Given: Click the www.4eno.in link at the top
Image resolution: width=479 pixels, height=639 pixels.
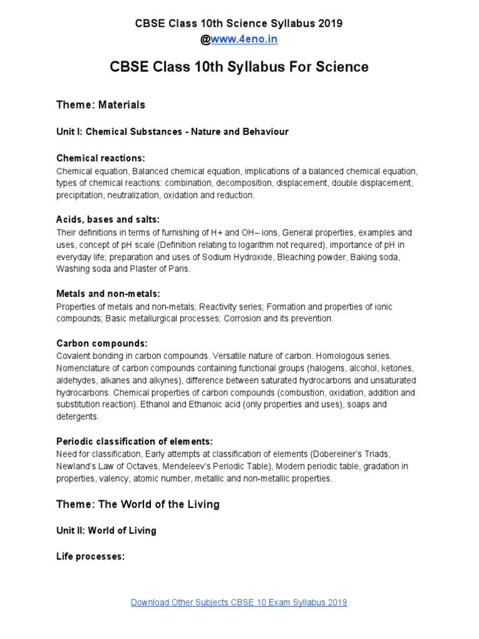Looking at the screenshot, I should [244, 39].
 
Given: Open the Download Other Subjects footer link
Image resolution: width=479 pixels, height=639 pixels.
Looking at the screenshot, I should [239, 602].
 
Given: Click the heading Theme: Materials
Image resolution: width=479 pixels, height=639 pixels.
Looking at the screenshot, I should [100, 105].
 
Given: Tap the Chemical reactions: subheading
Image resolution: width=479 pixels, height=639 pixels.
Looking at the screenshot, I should [100, 159].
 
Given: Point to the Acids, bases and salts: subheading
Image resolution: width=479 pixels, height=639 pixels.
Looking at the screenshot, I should [108, 220].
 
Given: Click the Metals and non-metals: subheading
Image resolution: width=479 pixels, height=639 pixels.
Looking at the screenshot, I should [108, 293].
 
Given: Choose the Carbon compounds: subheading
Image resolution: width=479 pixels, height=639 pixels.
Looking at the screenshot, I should [102, 343].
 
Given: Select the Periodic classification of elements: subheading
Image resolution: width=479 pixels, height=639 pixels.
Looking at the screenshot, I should [135, 441].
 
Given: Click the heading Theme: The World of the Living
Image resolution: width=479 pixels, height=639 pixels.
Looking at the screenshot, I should [138, 504].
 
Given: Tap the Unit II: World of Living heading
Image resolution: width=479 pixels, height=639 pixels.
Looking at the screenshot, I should [106, 530].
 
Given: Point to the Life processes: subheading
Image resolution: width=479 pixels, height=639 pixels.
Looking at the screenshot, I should [90, 555].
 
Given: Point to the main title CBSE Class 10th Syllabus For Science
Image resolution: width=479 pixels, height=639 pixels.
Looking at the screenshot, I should [239, 67].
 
